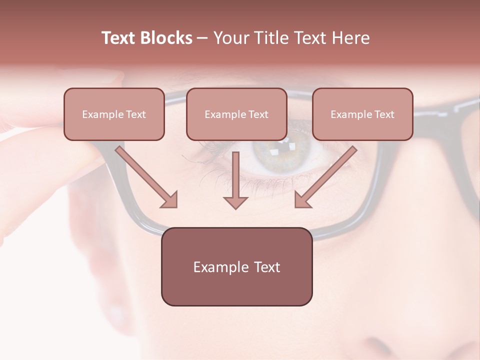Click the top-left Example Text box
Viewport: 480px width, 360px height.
point(114,114)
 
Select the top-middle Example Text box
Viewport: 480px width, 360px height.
point(236,114)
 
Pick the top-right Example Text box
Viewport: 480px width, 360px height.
point(362,114)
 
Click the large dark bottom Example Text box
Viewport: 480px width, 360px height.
point(236,267)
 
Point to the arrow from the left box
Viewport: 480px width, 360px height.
point(145,175)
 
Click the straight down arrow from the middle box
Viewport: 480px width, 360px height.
point(235,177)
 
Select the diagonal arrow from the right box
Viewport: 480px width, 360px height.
point(327,175)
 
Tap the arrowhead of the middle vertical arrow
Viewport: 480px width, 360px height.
point(235,202)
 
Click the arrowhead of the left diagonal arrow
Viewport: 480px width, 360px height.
point(170,200)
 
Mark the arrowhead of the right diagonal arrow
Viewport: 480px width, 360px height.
point(302,200)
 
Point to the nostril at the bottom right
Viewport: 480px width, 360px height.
point(377,345)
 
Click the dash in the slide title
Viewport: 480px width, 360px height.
point(202,38)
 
